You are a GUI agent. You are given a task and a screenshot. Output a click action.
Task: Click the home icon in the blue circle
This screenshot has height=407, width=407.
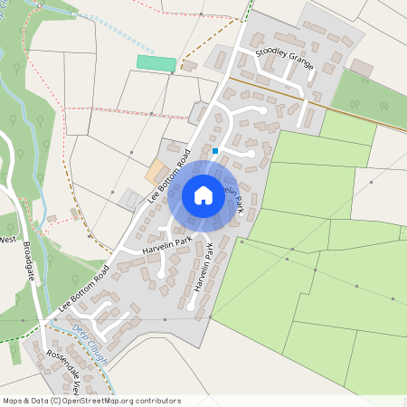pyautogui.click(x=203, y=195)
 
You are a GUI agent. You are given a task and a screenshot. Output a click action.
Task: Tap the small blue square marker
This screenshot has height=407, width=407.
pyautogui.click(x=214, y=150)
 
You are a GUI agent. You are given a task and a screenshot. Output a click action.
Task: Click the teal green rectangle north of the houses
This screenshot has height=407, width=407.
pyautogui.click(x=156, y=63)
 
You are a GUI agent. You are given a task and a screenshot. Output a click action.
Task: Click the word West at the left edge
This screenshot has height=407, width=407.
pyautogui.click(x=9, y=240)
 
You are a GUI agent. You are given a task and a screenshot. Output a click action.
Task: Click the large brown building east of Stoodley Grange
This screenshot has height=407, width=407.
pyautogui.click(x=362, y=68)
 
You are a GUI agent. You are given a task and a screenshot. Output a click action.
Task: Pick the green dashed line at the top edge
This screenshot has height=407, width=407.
pyautogui.click(x=249, y=11)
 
